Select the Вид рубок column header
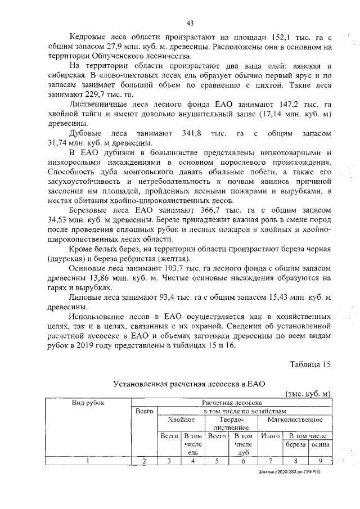[x=88, y=403]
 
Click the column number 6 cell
[x=243, y=461]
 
